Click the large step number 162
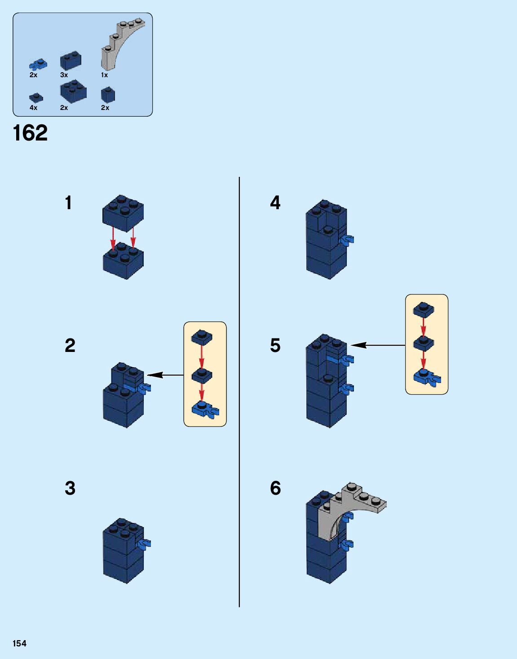tap(30, 133)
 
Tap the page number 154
tap(19, 643)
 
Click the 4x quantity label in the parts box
tap(34, 108)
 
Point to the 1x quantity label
tap(104, 75)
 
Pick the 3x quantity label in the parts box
tap(64, 75)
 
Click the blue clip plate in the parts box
tap(38, 64)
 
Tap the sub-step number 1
tap(68, 203)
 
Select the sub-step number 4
tap(275, 203)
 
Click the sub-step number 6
tap(275, 488)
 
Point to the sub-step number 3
tap(70, 488)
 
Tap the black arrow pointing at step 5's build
tap(377, 345)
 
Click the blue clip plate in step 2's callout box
tap(204, 409)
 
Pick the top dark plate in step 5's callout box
tap(424, 309)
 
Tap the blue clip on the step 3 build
tap(146, 544)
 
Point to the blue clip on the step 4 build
tap(348, 241)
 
